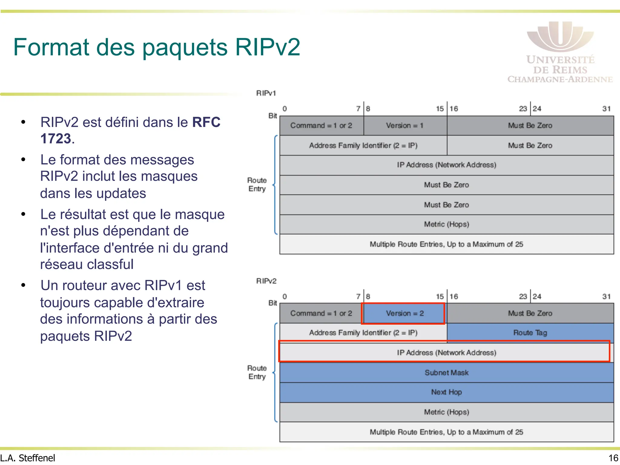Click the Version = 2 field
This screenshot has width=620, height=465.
[404, 313]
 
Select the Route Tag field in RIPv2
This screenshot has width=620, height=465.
[530, 333]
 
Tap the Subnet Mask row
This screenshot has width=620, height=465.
[447, 373]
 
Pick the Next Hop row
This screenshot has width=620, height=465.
[447, 392]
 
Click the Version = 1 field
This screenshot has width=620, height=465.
[404, 126]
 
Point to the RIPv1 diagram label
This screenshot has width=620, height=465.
[266, 93]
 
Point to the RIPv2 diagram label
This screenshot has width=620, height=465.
[266, 281]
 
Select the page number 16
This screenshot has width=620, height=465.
[613, 458]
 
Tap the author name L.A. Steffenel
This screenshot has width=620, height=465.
[28, 458]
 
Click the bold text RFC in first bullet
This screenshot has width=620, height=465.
[206, 123]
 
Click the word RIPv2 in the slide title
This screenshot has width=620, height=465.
[267, 47]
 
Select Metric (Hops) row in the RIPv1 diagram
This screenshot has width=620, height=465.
[447, 224]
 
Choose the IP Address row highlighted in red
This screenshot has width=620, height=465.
[447, 353]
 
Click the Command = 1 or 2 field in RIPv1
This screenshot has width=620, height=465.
[321, 126]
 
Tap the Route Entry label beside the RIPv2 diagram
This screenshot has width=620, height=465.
[257, 372]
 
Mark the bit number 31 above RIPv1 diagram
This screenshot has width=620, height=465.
[606, 109]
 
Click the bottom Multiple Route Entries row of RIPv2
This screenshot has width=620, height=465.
[447, 432]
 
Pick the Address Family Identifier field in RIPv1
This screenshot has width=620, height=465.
[363, 146]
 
